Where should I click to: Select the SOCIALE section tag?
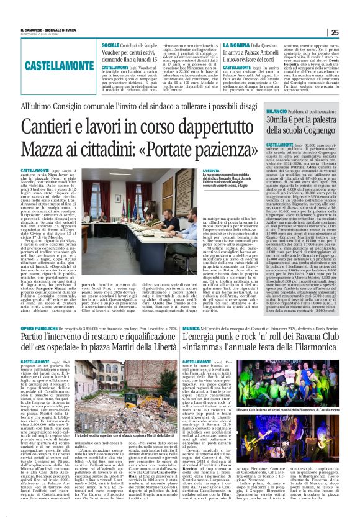pos(111,47)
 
